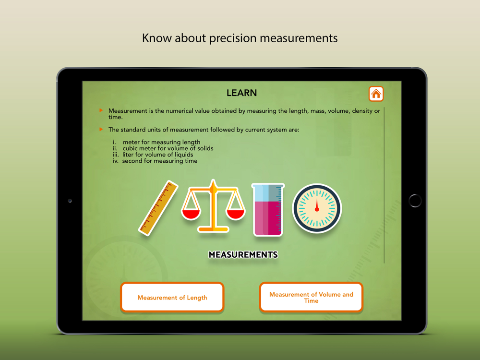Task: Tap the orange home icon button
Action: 376,94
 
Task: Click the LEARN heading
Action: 241,93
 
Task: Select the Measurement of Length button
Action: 172,298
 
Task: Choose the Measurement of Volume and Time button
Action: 311,298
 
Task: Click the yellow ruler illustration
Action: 158,208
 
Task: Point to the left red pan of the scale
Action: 191,214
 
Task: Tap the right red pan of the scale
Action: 235,214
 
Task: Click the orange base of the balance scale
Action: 213,229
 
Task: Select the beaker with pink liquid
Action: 268,210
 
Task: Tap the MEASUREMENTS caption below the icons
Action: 243,255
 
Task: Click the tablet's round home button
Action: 415,201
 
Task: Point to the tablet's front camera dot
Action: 70,201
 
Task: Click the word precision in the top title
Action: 233,38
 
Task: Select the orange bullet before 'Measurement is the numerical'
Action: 101,110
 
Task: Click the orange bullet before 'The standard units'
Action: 101,129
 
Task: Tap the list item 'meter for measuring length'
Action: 161,142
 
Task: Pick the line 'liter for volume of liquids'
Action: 157,155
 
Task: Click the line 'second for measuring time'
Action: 160,161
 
